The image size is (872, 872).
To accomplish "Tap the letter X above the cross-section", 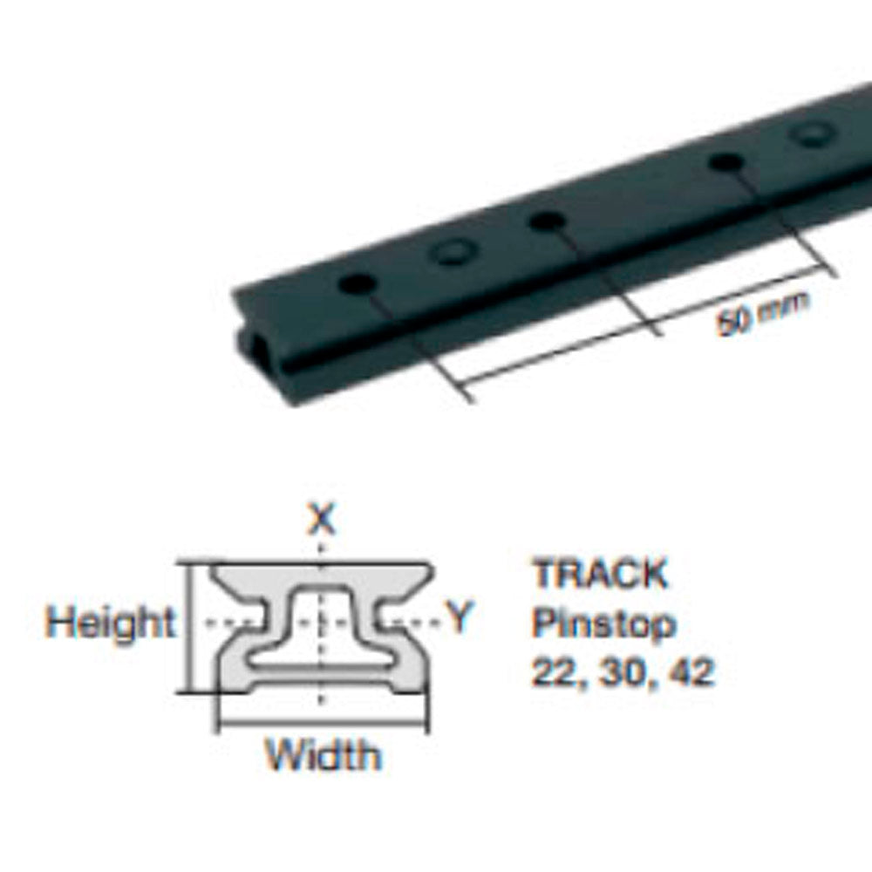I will click(x=323, y=521).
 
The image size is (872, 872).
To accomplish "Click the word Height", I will click(x=110, y=623).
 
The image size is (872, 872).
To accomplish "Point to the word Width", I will click(x=323, y=754).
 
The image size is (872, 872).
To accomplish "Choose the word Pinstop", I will click(x=603, y=623).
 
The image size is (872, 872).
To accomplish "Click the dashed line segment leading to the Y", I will click(x=413, y=622).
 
